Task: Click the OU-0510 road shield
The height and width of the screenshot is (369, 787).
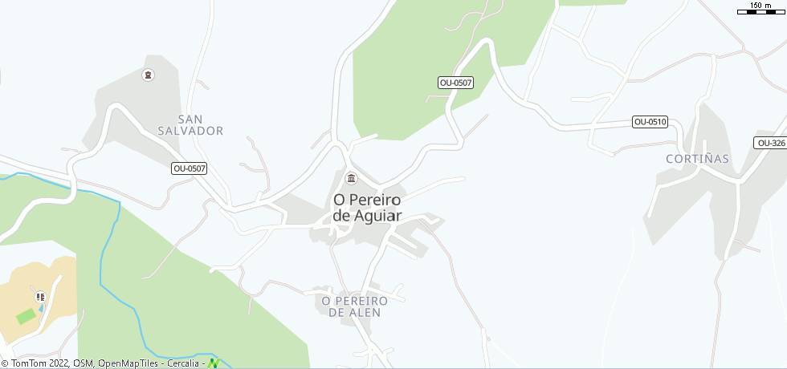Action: [650, 122]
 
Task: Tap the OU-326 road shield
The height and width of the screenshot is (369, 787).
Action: [770, 143]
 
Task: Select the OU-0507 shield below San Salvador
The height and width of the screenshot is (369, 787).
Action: [190, 168]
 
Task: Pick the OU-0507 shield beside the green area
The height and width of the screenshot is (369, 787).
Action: [455, 83]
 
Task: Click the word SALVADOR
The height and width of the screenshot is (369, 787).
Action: [190, 131]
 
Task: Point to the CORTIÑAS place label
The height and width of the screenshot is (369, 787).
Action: [697, 159]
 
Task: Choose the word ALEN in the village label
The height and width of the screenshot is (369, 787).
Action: [365, 313]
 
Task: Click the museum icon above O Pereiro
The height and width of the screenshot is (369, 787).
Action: [350, 178]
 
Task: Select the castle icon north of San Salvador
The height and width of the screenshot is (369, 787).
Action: [147, 75]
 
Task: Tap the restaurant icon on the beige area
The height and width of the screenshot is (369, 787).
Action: [41, 297]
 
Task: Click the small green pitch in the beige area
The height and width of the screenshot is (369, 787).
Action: [27, 316]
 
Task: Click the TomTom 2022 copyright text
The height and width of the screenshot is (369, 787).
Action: [40, 363]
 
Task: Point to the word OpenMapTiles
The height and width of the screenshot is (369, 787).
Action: [128, 363]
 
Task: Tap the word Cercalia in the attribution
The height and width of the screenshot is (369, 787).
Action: [183, 363]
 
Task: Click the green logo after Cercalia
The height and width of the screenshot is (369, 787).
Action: [214, 363]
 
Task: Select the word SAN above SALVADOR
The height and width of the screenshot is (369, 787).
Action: [190, 118]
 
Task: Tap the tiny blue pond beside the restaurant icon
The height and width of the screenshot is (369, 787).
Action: [42, 307]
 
